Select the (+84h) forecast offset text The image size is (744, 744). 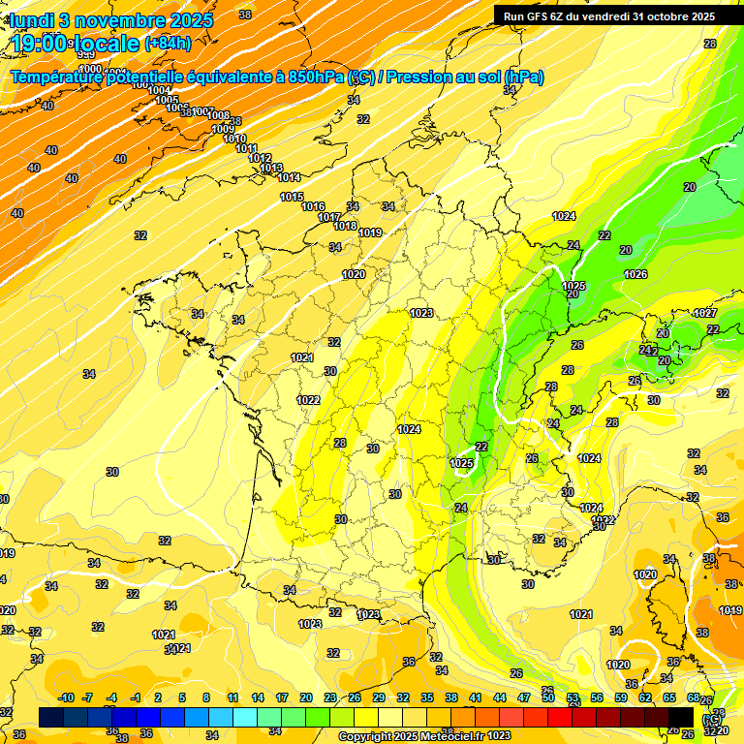coord(168,43)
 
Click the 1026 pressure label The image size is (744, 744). coord(635,274)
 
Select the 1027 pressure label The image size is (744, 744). coord(705,313)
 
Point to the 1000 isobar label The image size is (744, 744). coord(90,69)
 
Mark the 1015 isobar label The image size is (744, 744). coord(292,197)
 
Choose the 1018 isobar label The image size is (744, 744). coord(345,226)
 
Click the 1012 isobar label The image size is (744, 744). coord(260,158)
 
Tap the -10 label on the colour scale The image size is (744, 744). coord(66,697)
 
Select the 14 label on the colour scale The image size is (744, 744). coord(258,697)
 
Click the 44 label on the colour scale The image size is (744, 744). coord(500,697)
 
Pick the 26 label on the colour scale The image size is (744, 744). coord(355,697)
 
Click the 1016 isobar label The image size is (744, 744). coord(313,206)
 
